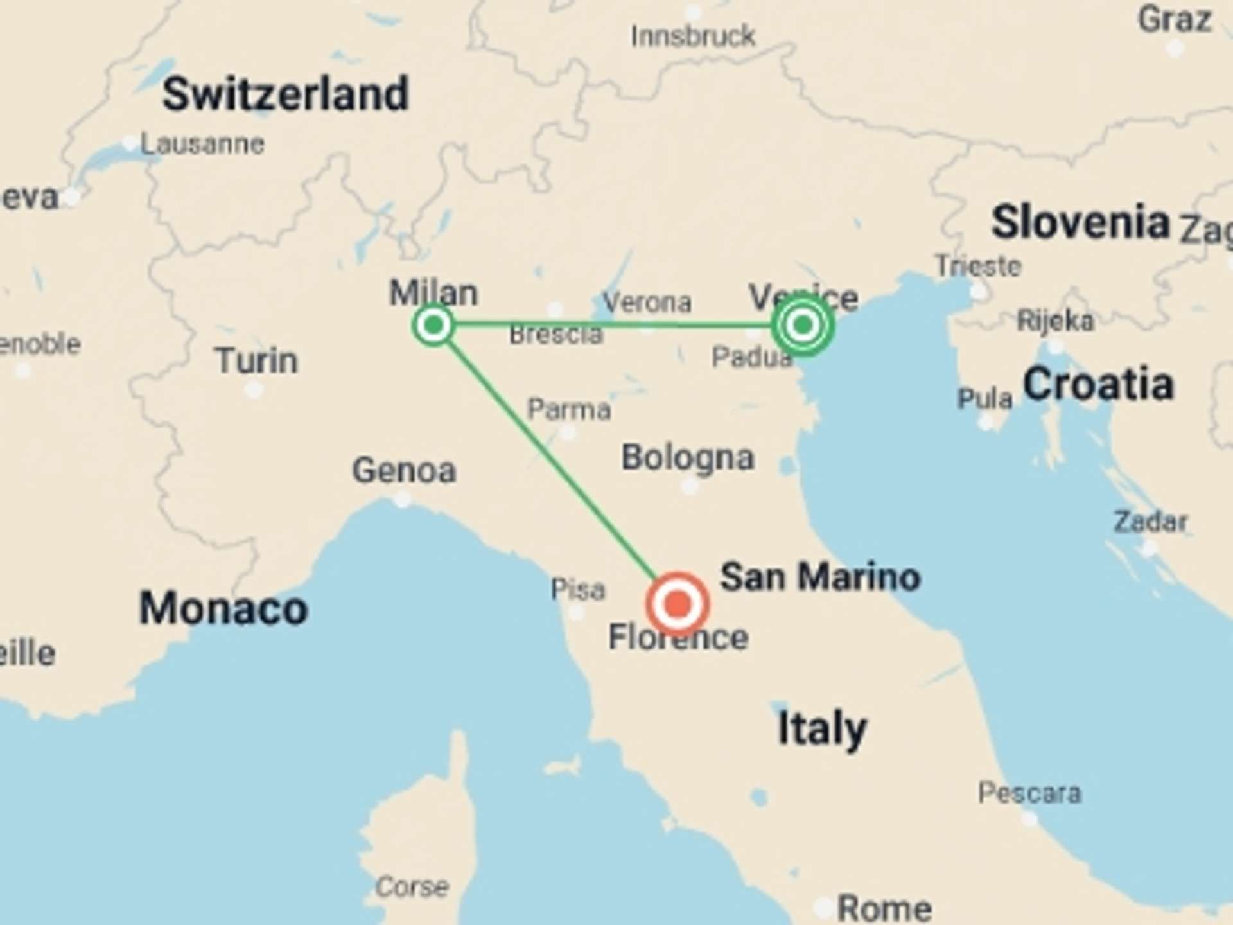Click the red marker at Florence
677,604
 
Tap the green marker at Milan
433,325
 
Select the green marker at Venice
802,325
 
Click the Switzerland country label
285,94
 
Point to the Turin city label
256,360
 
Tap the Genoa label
404,470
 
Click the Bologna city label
687,457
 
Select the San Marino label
820,576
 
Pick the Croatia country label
1098,384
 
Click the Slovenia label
1080,222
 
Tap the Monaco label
223,608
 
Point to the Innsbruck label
692,36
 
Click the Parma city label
568,409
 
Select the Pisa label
577,589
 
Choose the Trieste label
977,266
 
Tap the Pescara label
1029,793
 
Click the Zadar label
1150,521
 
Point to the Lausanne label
202,144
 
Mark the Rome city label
884,908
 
